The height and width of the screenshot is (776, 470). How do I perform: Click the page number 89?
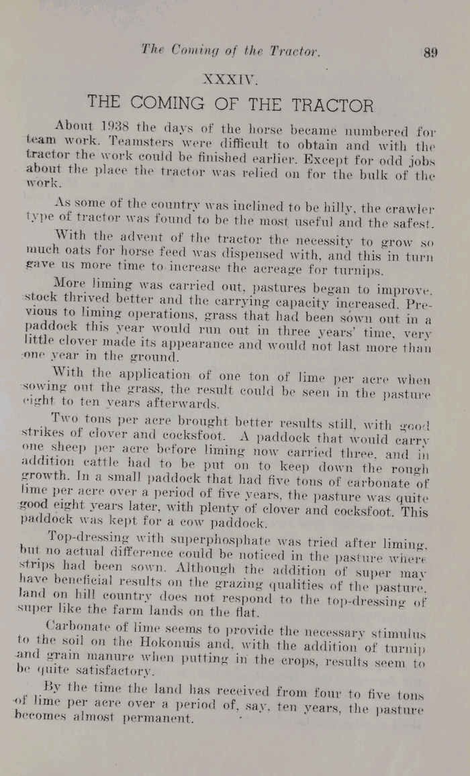pos(430,52)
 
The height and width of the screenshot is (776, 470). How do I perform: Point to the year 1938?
pos(117,126)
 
